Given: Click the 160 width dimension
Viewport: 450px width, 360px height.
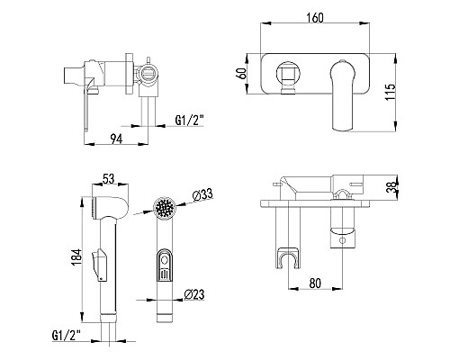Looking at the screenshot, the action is point(315,18).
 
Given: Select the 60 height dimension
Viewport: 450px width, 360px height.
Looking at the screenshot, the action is point(242,74).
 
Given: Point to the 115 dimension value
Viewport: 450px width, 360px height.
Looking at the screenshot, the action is point(391,92).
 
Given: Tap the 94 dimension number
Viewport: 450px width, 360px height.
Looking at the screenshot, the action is point(116,139).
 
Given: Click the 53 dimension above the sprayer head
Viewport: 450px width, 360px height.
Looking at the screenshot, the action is point(109,178).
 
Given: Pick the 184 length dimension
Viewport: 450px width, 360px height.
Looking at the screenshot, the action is point(76,257).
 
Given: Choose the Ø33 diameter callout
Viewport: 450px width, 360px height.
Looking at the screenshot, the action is point(202,195).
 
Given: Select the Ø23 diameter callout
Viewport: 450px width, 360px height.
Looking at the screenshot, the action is point(194,294).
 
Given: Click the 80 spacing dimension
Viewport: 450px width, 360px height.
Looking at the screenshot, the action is point(315,283).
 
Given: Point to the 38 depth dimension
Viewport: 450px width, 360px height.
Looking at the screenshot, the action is point(392,187).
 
